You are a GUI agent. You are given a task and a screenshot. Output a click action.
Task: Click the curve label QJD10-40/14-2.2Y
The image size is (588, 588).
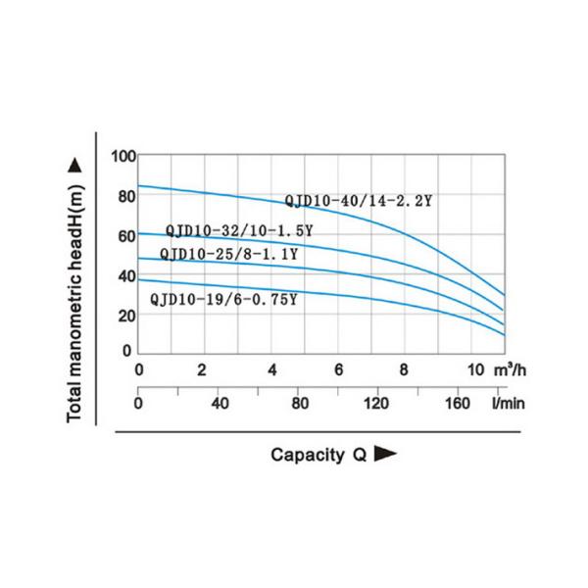pos(359,201)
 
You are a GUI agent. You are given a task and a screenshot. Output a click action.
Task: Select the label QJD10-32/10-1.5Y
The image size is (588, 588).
pos(239,231)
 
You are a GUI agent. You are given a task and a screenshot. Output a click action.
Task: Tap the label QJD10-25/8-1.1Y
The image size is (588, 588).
pos(228,255)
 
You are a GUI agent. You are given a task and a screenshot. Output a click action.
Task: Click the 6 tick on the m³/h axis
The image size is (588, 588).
pos(338,370)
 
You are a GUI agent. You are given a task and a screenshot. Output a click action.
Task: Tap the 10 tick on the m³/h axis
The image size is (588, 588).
pos(474,370)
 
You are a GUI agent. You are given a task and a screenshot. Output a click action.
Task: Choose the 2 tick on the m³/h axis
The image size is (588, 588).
pos(202,370)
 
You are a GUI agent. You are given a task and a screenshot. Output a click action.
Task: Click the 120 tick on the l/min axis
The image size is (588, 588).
pos(377,403)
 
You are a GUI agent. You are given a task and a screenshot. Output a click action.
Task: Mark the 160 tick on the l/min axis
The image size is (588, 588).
pos(458,403)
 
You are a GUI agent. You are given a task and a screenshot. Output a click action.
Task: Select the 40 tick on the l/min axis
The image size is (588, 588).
pos(219,403)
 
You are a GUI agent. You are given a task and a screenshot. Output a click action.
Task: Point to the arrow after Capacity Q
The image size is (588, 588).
pos(386,455)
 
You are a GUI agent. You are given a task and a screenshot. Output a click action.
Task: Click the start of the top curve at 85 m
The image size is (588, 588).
pos(139,185)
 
